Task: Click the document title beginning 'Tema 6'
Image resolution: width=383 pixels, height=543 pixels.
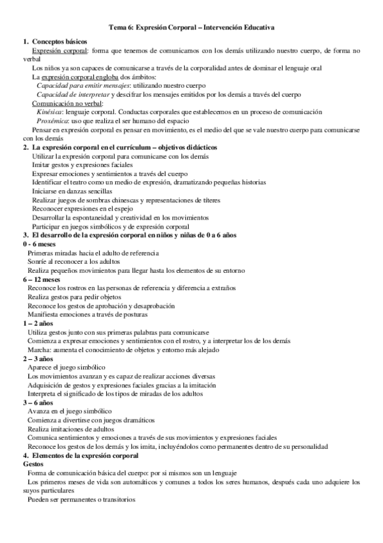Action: (x=191, y=27)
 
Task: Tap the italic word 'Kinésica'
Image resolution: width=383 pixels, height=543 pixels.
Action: (x=49, y=111)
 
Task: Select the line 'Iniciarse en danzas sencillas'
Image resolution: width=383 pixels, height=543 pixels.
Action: (x=72, y=191)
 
